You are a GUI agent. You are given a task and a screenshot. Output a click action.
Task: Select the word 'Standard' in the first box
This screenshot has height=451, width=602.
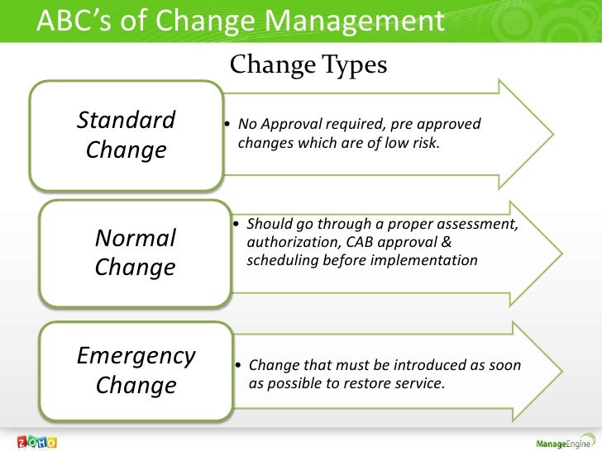pos(126,121)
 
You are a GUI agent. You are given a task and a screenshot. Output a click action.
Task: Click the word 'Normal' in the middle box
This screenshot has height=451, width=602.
pos(136,238)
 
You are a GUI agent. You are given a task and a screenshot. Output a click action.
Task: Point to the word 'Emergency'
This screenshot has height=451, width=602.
pos(136,356)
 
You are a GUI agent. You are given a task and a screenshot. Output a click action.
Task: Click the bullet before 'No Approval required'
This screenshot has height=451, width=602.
pos(227,126)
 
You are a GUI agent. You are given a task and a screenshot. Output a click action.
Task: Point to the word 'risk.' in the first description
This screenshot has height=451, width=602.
pos(425,145)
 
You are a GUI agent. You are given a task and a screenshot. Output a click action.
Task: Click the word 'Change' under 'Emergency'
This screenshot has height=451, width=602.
pos(136,386)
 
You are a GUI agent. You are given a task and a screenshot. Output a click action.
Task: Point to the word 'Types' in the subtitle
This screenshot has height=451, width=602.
pos(356,64)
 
